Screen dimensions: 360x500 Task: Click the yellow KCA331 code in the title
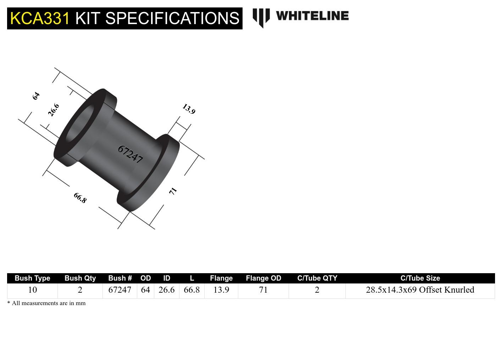(x=40, y=18)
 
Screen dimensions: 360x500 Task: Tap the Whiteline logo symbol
(x=261, y=17)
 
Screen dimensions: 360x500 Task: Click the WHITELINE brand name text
(x=312, y=16)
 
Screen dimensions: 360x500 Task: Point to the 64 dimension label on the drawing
(x=36, y=96)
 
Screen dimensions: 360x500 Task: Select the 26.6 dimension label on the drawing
(x=54, y=110)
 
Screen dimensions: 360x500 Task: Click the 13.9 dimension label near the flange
(x=189, y=109)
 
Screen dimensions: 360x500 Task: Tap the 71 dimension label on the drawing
(x=173, y=191)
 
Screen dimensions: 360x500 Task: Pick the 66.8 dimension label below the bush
(x=80, y=198)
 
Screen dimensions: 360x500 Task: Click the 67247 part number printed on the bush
(x=130, y=154)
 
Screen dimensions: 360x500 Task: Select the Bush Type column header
(x=32, y=278)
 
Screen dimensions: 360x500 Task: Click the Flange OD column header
(x=263, y=278)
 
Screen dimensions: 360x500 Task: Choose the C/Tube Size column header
(x=420, y=278)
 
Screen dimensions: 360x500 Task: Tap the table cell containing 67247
(x=120, y=290)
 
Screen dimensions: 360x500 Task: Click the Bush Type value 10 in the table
(x=32, y=290)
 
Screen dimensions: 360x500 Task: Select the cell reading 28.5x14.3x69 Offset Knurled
(x=420, y=290)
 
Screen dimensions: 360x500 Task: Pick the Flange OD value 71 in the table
(x=263, y=290)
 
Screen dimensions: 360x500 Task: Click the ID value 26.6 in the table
(x=166, y=290)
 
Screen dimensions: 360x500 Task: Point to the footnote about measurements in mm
(x=46, y=303)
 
